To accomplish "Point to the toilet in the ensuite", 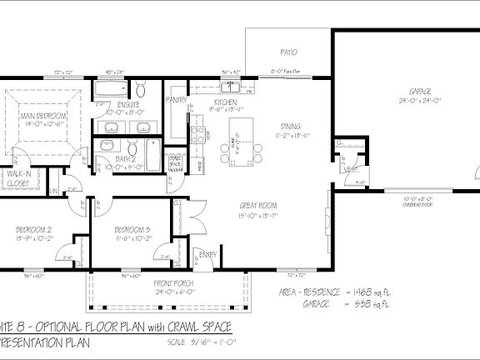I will [142, 89].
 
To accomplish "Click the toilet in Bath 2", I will [106, 146].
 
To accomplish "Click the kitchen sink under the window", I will [228, 89].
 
